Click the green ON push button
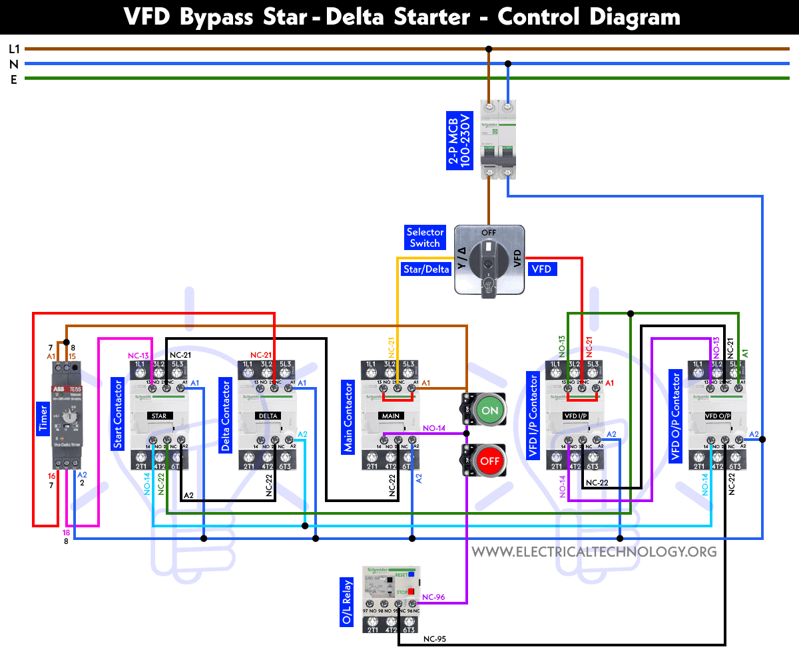pos(489,410)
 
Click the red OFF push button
pos(489,461)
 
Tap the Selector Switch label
pos(425,237)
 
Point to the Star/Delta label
pos(426,269)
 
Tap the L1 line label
pos(14,49)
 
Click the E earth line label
pos(13,79)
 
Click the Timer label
pos(43,418)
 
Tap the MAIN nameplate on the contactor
pos(390,416)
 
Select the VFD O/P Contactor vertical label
pos(676,418)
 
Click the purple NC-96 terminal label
pos(433,597)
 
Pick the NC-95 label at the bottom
pos(435,639)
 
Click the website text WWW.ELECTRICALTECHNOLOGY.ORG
pos(594,551)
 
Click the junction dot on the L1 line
pos(489,49)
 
